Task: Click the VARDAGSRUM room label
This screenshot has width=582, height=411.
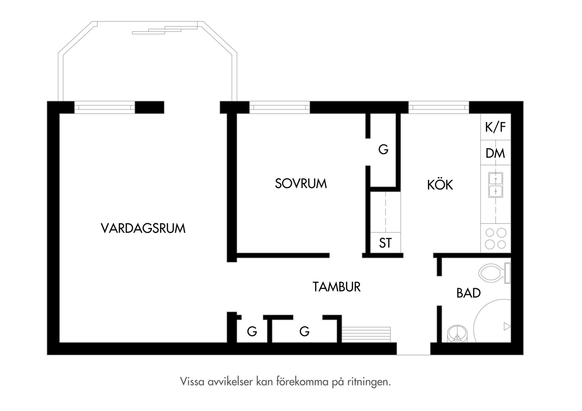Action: point(143,228)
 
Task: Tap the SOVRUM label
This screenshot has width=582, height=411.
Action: point(301,183)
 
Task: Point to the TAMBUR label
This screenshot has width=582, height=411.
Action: point(336,287)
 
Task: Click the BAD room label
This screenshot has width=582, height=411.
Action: point(468,293)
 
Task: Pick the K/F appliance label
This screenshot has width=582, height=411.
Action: point(496,127)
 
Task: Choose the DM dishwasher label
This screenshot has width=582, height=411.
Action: point(495,153)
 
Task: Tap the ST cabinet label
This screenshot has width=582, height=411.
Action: point(385,243)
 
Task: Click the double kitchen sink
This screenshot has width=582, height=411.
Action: point(496,185)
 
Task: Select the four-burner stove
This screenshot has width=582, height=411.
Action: point(496,238)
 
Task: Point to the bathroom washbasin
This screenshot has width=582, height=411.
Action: point(457,334)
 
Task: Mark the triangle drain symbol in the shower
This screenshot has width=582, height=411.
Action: point(507,326)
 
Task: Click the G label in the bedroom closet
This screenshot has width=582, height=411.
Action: point(383,149)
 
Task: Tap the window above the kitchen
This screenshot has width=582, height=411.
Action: point(439,107)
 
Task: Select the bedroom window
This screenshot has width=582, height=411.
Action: point(280,107)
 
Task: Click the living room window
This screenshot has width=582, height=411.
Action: point(105,107)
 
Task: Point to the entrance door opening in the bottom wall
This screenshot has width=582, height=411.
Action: point(414,349)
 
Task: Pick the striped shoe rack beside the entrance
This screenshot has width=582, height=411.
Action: point(366,335)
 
